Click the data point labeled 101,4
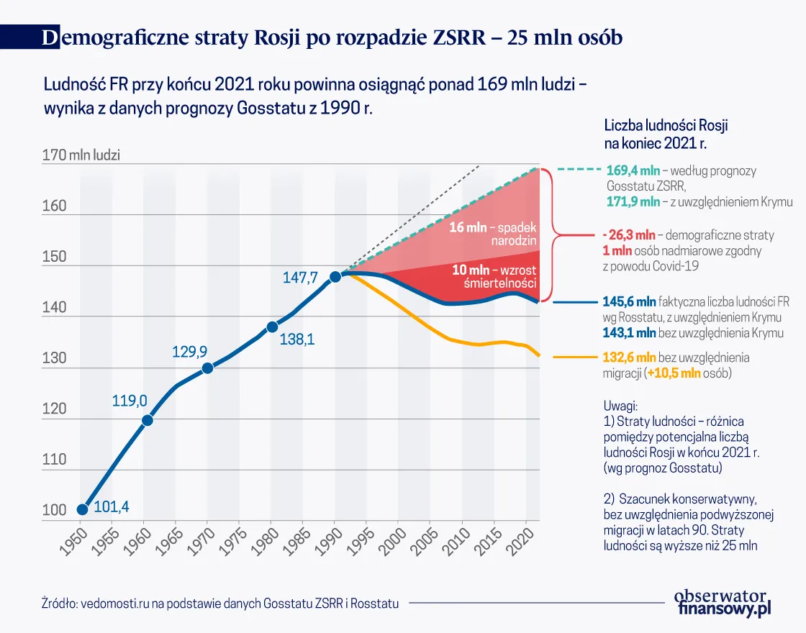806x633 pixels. [x=82, y=509]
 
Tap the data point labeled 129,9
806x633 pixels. [x=207, y=368]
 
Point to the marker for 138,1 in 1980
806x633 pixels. [x=272, y=327]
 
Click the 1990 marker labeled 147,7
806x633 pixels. [x=335, y=277]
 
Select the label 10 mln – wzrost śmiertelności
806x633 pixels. [x=495, y=276]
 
